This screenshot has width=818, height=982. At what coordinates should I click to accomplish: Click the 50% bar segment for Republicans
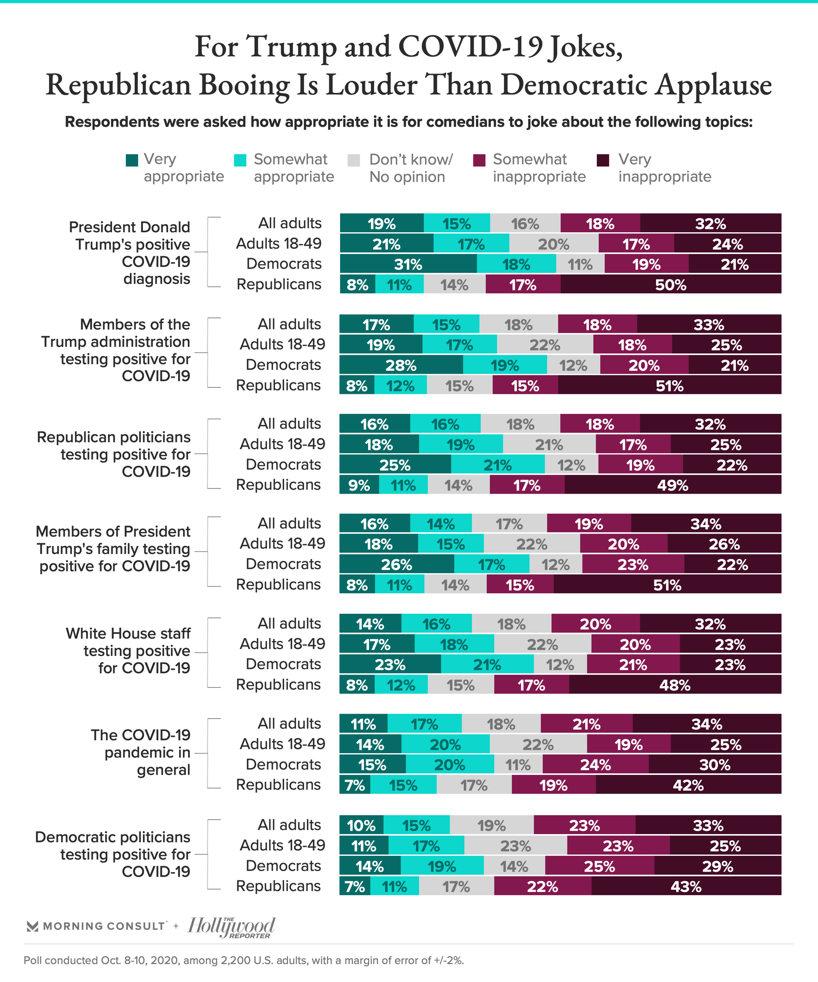pyautogui.click(x=671, y=284)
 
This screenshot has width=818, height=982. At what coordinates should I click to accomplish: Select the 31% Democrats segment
pyautogui.click(x=408, y=264)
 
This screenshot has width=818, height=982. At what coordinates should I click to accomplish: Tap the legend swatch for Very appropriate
pyautogui.click(x=132, y=160)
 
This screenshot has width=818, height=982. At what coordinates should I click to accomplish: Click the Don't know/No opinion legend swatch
pyautogui.click(x=354, y=160)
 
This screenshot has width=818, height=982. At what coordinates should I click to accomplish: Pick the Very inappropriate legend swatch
pyautogui.click(x=603, y=160)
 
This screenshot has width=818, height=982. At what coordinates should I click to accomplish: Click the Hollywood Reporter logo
pyautogui.click(x=231, y=927)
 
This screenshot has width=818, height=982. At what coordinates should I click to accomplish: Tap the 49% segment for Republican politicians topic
pyautogui.click(x=673, y=485)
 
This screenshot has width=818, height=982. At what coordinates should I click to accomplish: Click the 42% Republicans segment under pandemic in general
pyautogui.click(x=688, y=785)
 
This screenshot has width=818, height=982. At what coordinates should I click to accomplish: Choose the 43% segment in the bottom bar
pyautogui.click(x=686, y=886)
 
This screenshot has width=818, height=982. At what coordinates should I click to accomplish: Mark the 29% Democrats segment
pyautogui.click(x=717, y=866)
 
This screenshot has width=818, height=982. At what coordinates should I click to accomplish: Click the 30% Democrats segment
pyautogui.click(x=715, y=765)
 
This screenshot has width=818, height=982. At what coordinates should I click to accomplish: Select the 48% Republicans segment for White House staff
pyautogui.click(x=674, y=685)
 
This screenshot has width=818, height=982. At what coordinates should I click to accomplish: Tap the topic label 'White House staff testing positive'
pyautogui.click(x=129, y=650)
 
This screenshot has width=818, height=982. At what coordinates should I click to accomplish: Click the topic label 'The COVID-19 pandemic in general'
pyautogui.click(x=141, y=752)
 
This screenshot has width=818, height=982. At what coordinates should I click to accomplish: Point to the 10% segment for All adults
pyautogui.click(x=361, y=825)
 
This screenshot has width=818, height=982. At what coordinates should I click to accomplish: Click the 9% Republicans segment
pyautogui.click(x=359, y=485)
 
